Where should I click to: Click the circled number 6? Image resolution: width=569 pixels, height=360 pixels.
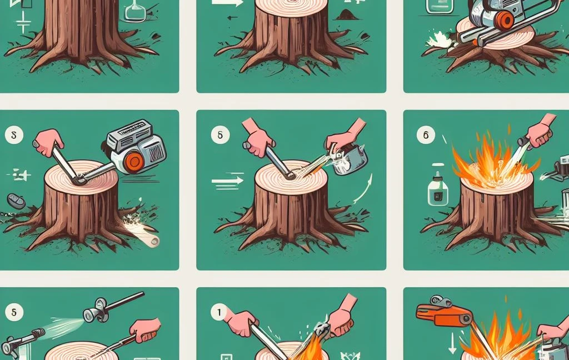[x=426, y=134]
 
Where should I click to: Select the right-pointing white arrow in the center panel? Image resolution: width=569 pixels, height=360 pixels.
[x=228, y=180]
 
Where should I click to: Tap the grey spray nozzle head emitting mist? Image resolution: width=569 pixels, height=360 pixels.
[x=93, y=312]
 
